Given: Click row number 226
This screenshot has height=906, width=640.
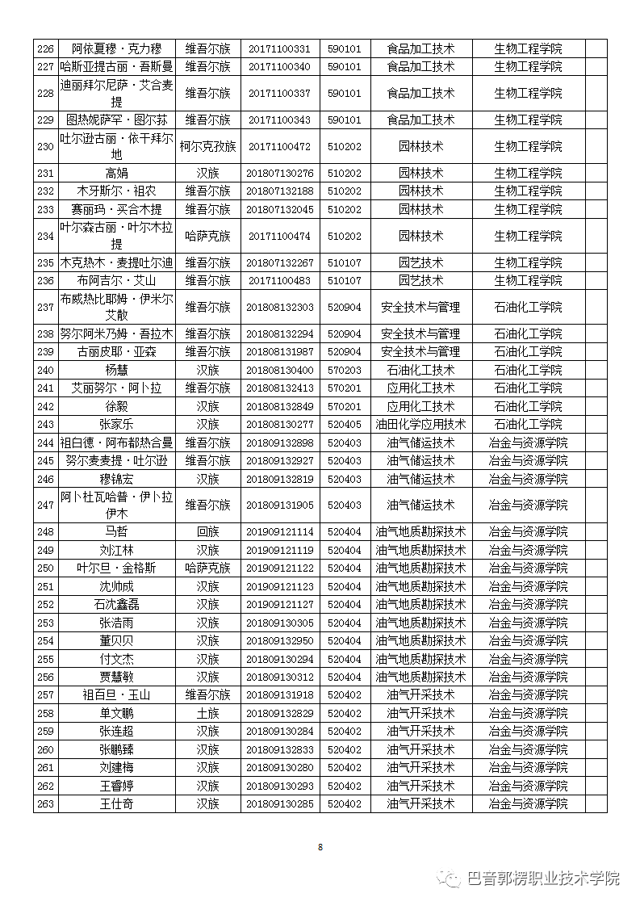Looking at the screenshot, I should click(45, 48).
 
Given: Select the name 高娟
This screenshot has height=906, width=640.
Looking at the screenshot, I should click(117, 173).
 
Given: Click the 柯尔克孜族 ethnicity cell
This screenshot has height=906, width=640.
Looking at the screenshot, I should click(207, 147).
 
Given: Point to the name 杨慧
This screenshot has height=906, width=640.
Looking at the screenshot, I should click(117, 370).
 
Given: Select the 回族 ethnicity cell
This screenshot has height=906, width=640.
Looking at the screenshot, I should click(207, 531).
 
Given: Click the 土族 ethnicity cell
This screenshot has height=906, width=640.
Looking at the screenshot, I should click(207, 713).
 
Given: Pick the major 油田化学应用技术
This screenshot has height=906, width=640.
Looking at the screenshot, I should click(420, 424).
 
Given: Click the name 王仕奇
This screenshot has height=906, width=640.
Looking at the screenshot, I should click(117, 803).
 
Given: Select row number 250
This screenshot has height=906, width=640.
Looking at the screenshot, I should click(45, 568).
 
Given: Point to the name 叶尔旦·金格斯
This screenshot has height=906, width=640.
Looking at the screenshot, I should click(117, 568).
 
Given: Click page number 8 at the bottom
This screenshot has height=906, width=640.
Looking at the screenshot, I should click(320, 847).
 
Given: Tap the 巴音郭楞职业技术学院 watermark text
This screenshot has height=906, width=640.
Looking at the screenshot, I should click(543, 878).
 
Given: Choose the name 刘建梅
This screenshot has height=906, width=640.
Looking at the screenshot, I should click(117, 767).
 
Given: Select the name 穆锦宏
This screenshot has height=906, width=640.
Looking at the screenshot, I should click(117, 479).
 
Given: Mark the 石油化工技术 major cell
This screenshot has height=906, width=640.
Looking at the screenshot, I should click(420, 370).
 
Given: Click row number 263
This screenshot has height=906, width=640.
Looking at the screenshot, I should click(45, 803).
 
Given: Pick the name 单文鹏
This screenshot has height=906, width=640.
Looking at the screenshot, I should click(117, 713).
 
